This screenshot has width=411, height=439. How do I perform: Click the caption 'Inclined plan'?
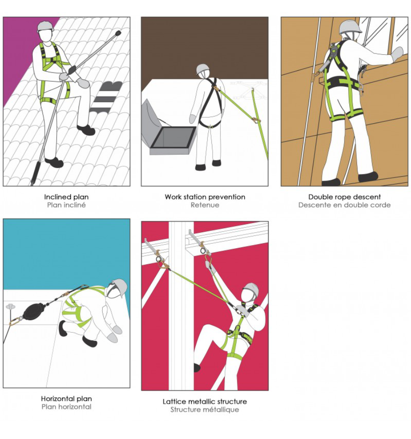(66, 197)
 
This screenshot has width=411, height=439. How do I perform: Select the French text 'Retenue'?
(205, 205)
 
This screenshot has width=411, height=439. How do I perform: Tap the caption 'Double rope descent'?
(344, 197)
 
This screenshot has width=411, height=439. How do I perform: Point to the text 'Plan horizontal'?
(66, 407)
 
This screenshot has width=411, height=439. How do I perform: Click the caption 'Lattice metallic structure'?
(205, 402)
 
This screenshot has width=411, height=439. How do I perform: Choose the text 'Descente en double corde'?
(344, 205)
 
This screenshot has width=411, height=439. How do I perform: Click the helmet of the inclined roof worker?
(45, 26)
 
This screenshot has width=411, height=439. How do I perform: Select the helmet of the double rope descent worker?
(350, 28)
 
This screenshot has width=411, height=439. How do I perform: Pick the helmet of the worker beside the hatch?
(203, 69)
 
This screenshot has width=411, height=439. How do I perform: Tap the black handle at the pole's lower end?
(35, 173)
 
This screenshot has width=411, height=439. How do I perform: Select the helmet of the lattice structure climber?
(251, 289)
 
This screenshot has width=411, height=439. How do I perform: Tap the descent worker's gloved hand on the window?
(397, 54)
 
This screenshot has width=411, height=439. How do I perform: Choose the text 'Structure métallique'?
(205, 410)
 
